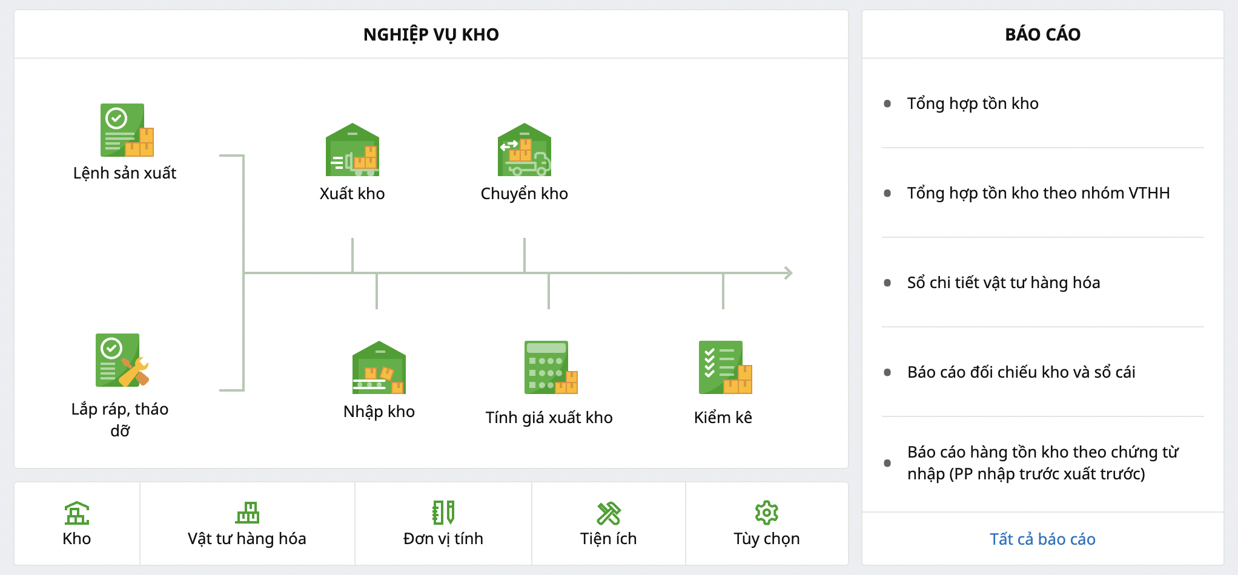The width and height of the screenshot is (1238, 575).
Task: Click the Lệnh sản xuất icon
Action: point(127,130)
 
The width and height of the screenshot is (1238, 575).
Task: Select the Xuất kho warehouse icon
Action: point(353,149)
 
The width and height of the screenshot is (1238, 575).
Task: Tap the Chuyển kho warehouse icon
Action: point(525,149)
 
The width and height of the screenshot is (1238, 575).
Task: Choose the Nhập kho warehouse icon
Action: point(379,367)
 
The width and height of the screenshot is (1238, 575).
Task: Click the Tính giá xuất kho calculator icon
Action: point(551,367)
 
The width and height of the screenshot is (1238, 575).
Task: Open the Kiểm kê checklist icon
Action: point(726,367)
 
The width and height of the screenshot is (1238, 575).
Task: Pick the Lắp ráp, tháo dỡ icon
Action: point(122,360)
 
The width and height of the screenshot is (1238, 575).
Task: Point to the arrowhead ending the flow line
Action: point(789,273)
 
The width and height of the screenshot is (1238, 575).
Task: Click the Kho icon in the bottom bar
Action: point(77,513)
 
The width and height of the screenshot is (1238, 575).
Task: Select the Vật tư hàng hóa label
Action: point(247,539)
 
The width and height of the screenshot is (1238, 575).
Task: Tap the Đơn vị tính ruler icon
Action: point(443,513)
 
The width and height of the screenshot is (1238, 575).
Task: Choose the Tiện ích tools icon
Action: point(609,513)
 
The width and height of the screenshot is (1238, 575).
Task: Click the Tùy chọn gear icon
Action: point(767,513)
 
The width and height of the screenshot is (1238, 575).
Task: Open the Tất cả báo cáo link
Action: point(1042,539)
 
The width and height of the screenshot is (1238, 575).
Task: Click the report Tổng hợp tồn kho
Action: point(973,103)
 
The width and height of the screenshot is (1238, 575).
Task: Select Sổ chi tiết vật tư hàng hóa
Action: point(1004,283)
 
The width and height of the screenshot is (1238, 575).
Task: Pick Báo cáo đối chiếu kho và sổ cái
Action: point(1021,372)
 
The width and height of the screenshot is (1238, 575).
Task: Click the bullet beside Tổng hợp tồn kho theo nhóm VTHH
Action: point(887,193)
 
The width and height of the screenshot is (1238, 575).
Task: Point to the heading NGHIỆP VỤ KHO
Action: point(431,34)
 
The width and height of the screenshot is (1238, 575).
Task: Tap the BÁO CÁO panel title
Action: point(1043,34)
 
